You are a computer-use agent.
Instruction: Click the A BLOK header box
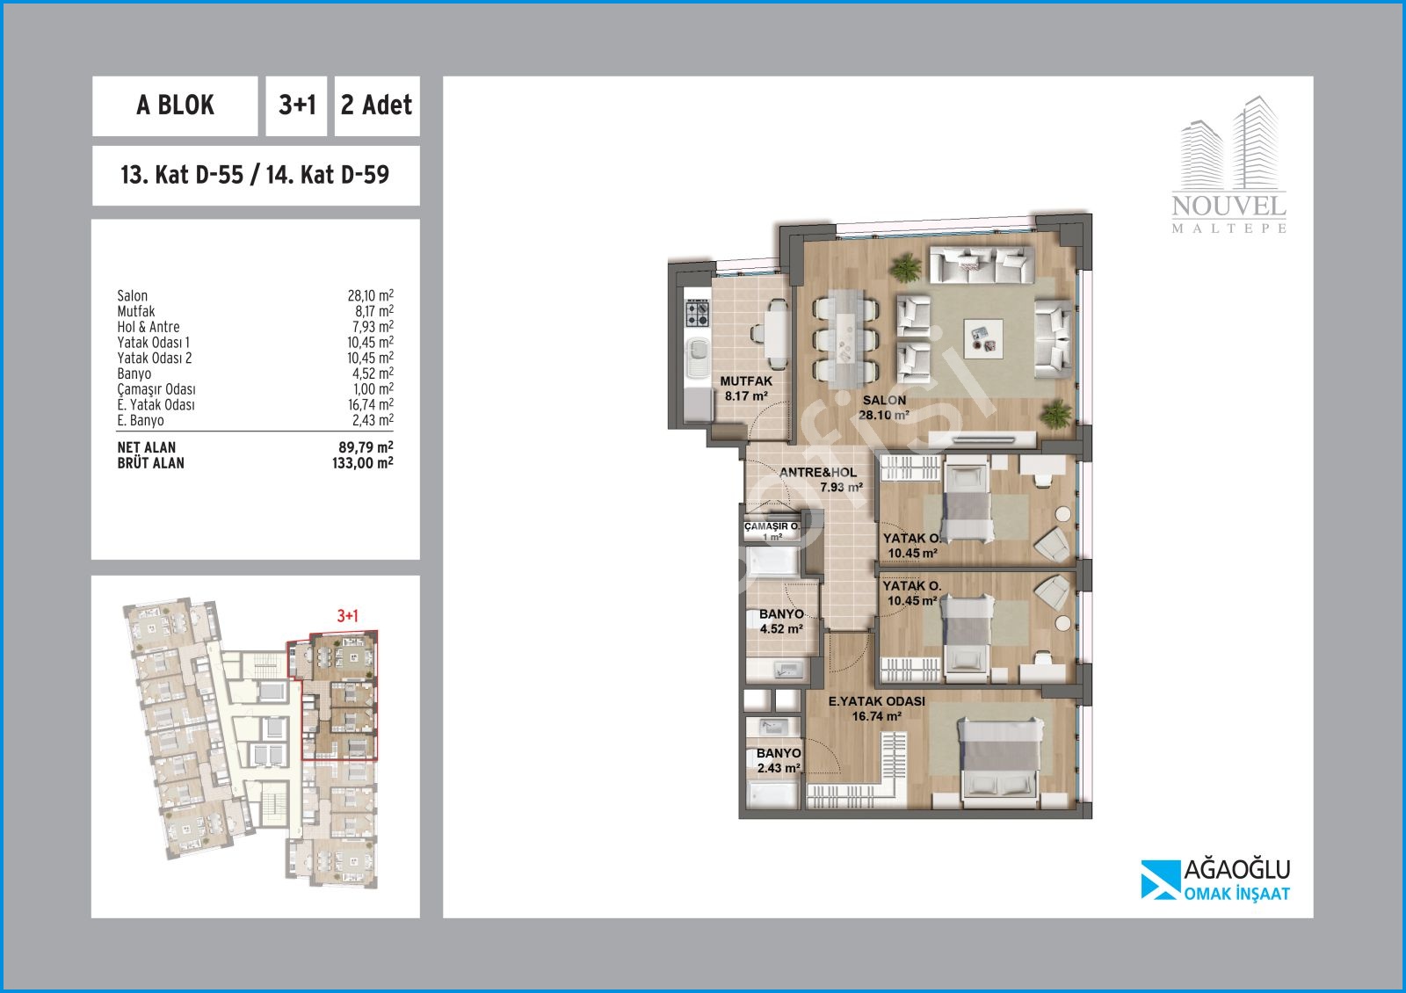pos(175,106)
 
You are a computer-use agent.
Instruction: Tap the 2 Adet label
pos(377,105)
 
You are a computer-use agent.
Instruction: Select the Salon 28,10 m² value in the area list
pos(370,295)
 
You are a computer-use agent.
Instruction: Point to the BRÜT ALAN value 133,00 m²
pos(363,463)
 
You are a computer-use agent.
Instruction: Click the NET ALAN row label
pos(147,447)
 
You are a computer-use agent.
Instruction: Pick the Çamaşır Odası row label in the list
pos(156,389)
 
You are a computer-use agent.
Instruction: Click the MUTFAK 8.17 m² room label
pos(746,388)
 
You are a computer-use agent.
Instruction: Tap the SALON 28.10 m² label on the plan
pos(884,408)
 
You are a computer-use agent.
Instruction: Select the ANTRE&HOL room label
pos(818,473)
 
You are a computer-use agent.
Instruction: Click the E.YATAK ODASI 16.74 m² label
pos(877,708)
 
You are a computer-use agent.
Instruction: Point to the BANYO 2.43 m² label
pos(779,760)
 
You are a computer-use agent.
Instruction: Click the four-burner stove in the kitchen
pos(697,313)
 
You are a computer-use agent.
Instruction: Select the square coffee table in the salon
pos(983,338)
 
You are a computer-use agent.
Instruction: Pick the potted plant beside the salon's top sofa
pos(905,267)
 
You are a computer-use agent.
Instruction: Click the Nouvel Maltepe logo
pos(1229,165)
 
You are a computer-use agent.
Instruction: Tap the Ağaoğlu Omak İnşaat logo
pos(1215,880)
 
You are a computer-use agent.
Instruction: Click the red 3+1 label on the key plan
pos(348,616)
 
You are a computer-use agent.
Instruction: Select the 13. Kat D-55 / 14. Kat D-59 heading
pos(255,175)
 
